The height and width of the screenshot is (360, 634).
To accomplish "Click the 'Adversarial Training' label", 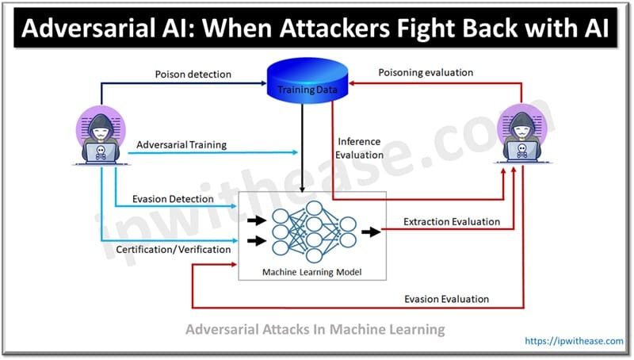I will tap(181, 145).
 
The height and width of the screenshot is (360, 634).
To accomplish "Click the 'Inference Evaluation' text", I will tap(360, 147).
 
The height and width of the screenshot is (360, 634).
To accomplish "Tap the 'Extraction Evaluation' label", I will tap(452, 221).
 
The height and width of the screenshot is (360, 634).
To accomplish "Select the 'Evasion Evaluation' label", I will tap(446, 299).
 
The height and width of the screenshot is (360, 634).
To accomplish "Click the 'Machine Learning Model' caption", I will tap(312, 272).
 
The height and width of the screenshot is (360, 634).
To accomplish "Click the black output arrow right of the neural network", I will tap(369, 232).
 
